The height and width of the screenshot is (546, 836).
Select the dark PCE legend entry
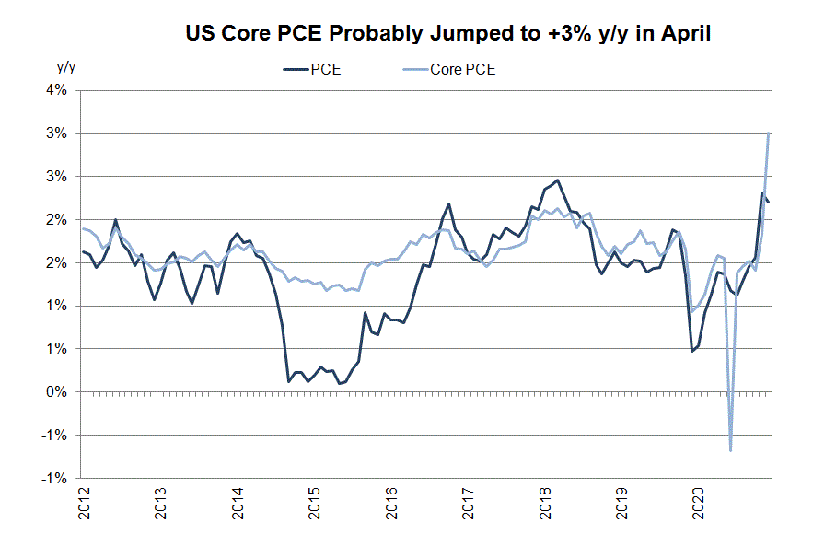tap(313, 70)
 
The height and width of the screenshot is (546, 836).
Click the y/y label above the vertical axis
tap(65, 67)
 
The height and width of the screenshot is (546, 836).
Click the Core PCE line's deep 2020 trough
tap(730, 450)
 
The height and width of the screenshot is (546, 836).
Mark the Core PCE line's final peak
tap(769, 134)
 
